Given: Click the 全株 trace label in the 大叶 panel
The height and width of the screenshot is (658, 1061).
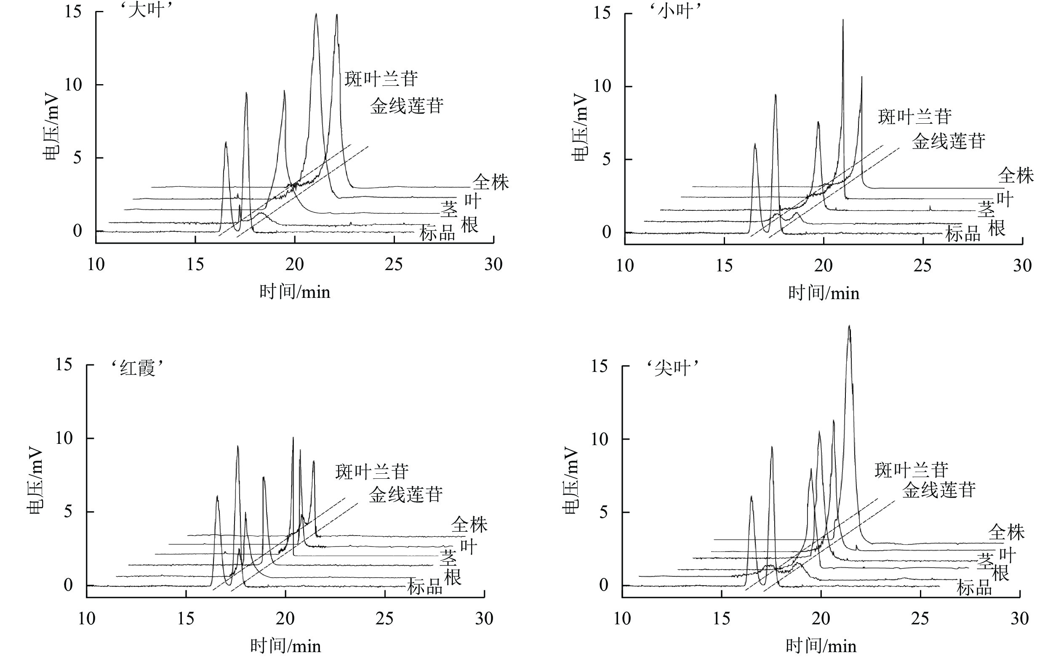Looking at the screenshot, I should pyautogui.click(x=491, y=182).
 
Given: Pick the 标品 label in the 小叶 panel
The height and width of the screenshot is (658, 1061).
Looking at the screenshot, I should pyautogui.click(x=962, y=234).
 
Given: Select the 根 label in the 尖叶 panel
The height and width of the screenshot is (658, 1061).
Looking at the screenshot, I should pyautogui.click(x=1000, y=574).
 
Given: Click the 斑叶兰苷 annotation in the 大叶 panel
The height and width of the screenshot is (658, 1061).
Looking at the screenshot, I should pyautogui.click(x=381, y=79).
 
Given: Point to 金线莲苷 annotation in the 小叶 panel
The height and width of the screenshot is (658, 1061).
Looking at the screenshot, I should pyautogui.click(x=948, y=141).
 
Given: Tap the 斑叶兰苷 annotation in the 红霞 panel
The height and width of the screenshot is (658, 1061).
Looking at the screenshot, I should pyautogui.click(x=372, y=472).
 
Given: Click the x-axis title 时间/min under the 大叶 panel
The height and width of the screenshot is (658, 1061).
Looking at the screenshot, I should pyautogui.click(x=295, y=292).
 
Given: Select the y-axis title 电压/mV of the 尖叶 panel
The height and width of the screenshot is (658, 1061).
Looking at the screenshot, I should pyautogui.click(x=571, y=481).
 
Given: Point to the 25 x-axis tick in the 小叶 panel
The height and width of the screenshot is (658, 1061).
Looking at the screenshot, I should pyautogui.click(x=922, y=265).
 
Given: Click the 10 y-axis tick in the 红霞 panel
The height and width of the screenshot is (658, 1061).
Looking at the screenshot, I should pyautogui.click(x=64, y=438).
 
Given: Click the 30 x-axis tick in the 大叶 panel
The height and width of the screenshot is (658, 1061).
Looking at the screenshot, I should pyautogui.click(x=493, y=264).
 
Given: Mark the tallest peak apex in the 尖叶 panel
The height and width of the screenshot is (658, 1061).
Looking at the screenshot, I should pyautogui.click(x=849, y=326).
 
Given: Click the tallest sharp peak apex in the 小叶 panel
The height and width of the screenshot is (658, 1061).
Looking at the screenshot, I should pyautogui.click(x=843, y=20).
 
